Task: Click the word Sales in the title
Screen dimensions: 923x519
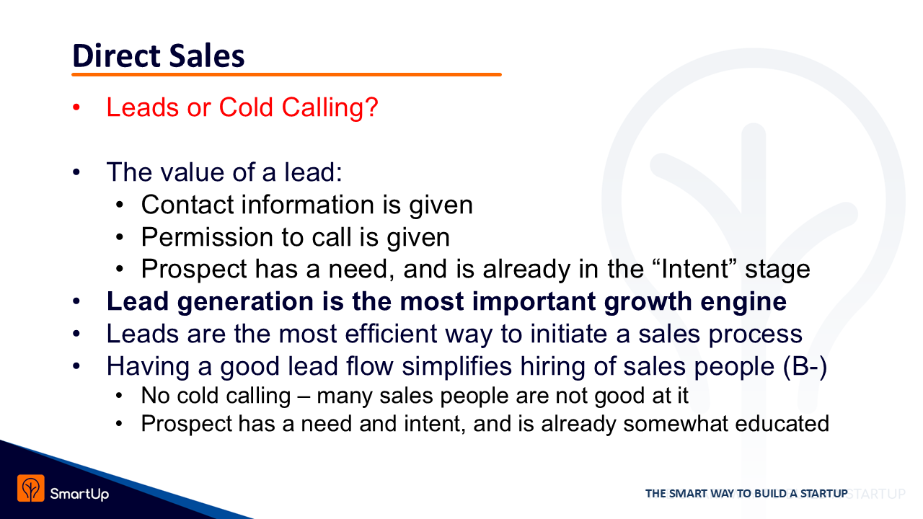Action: click(x=207, y=56)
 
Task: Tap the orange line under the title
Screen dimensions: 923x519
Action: click(x=286, y=74)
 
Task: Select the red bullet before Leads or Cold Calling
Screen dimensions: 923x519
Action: click(x=76, y=107)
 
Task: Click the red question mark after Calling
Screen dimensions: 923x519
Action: click(x=371, y=107)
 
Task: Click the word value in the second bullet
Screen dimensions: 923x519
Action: click(x=192, y=172)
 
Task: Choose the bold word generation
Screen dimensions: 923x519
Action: click(x=246, y=302)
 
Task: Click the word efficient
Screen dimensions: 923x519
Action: click(x=391, y=334)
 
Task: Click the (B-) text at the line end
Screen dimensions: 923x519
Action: click(x=805, y=366)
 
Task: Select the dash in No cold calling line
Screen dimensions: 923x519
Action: click(x=304, y=396)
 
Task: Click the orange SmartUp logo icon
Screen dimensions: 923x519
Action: click(x=31, y=488)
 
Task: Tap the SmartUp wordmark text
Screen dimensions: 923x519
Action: click(x=79, y=494)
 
